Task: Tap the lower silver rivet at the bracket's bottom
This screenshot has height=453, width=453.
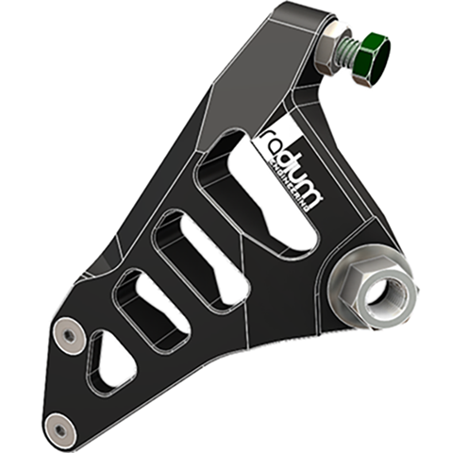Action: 62,428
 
